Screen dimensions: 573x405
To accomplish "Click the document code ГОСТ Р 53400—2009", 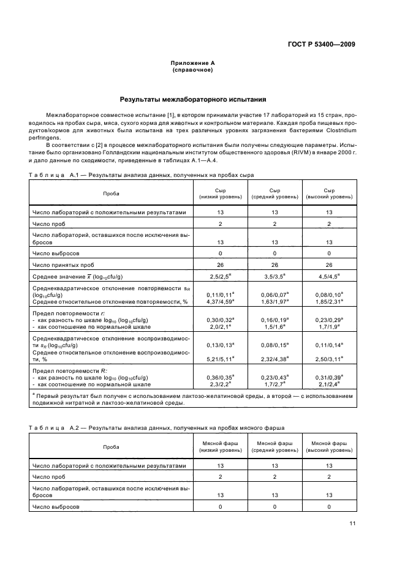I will [322, 44].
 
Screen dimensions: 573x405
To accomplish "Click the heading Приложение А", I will [192, 63].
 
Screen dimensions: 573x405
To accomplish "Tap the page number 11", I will [352, 523].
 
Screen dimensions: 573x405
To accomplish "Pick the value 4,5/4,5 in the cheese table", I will [330, 276].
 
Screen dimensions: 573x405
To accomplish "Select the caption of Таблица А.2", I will [156, 427].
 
